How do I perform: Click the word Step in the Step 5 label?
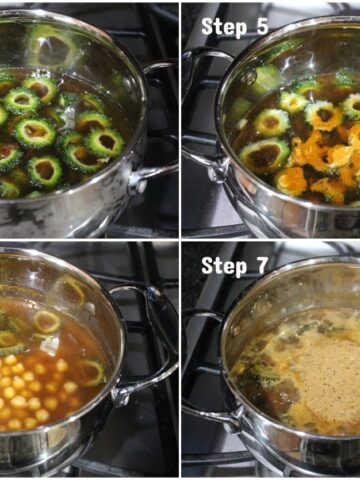224,27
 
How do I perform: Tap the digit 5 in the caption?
262,27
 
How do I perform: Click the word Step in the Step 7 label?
224,266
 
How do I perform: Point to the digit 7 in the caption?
262,265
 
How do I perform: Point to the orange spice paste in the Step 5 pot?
320,160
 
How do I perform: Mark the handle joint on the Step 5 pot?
218,169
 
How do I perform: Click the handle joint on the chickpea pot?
120,396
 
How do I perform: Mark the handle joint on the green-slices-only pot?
137,184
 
